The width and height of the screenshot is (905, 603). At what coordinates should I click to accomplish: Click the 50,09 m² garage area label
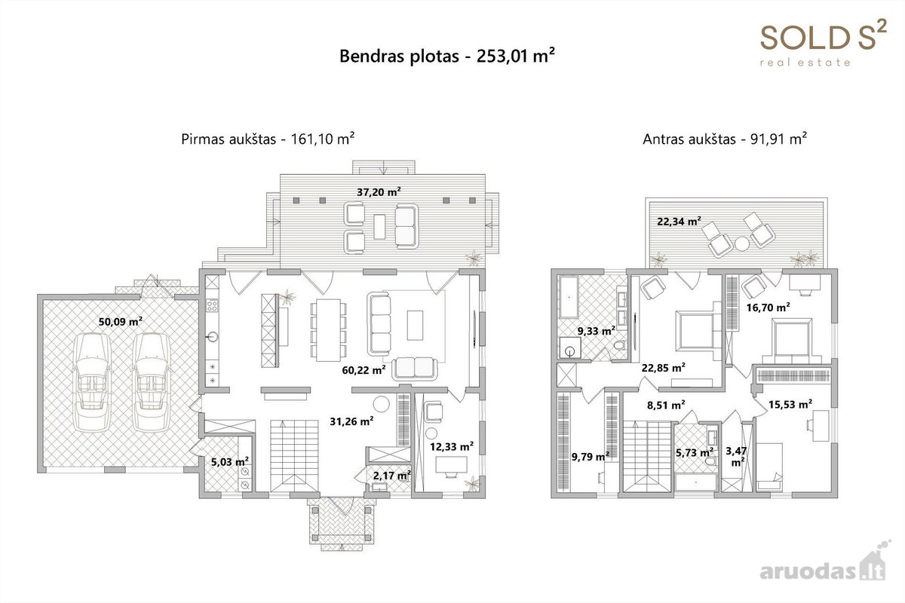(121, 322)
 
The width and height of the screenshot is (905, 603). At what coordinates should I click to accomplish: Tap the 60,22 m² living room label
(364, 369)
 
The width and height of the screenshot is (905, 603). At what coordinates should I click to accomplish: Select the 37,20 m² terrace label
(379, 192)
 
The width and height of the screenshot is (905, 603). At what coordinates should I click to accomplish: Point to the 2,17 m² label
(392, 476)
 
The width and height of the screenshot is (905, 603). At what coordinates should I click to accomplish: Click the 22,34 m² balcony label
(680, 222)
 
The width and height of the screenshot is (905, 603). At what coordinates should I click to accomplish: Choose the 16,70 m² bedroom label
(768, 308)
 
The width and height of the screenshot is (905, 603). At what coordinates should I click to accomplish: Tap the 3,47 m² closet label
(737, 456)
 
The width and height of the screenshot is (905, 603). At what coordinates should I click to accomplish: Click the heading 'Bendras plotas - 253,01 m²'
(446, 56)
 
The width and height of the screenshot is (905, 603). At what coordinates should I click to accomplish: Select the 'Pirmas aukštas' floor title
(229, 139)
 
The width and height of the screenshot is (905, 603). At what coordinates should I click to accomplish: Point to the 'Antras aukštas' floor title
(689, 139)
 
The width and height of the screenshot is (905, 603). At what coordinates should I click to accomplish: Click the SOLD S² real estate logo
(824, 42)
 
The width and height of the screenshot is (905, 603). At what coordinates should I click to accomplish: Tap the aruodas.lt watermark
(823, 567)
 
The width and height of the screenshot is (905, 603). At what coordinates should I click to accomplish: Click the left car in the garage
(92, 382)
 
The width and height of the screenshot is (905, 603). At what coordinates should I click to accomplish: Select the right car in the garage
(152, 382)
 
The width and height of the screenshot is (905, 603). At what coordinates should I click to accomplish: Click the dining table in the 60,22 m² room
(329, 329)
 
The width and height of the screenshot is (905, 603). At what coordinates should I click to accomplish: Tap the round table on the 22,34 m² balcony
(742, 243)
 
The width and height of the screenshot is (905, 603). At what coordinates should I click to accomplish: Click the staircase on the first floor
(293, 455)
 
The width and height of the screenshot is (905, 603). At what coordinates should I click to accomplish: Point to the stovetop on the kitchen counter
(212, 305)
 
